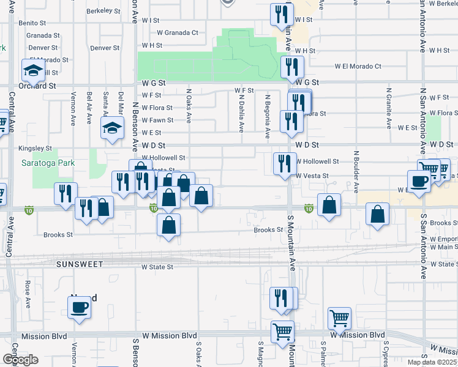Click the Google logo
pyautogui.click(x=20, y=360)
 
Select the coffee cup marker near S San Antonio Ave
pyautogui.click(x=419, y=182)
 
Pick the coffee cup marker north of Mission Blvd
pyautogui.click(x=79, y=306)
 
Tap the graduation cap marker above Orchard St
pyautogui.click(x=32, y=71)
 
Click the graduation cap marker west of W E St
pyautogui.click(x=112, y=128)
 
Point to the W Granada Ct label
pyautogui.click(x=178, y=33)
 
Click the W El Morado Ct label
pyautogui.click(x=358, y=67)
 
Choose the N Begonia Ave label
pyautogui.click(x=268, y=117)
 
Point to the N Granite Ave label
pyautogui.click(x=388, y=108)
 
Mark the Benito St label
pyautogui.click(x=33, y=23)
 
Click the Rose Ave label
pyautogui.click(x=28, y=294)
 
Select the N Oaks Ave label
pyautogui.click(x=189, y=105)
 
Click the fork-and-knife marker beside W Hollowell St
pyautogui.click(x=283, y=163)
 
